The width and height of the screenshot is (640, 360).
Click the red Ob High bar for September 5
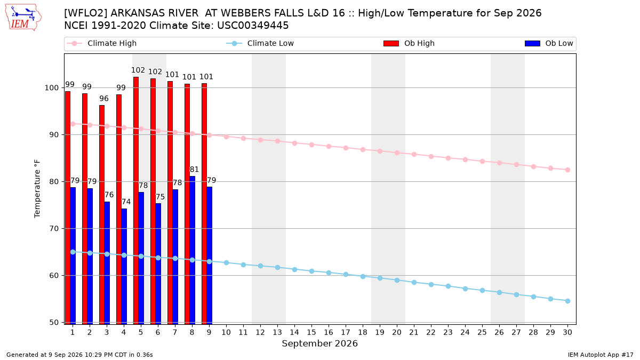tap(136, 201)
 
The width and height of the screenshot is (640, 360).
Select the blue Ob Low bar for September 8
tap(193, 250)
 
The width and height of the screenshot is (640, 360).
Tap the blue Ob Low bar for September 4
tap(124, 267)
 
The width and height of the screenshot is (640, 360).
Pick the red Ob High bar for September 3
tap(102, 215)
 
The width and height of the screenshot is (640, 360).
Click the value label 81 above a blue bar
tap(194, 170)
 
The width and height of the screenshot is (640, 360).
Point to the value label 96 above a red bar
tap(104, 99)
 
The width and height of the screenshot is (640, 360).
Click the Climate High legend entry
tap(101, 43)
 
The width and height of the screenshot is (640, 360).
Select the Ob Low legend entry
tap(549, 43)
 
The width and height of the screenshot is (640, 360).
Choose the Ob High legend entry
tap(409, 43)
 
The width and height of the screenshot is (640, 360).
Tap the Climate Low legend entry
tap(260, 43)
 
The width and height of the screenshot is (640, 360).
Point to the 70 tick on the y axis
tap(54, 229)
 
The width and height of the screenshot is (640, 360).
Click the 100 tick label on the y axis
tap(52, 87)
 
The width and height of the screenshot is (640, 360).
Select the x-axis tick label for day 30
tap(567, 332)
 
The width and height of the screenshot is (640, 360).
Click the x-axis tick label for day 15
tap(311, 332)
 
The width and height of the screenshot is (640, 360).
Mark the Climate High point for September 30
tap(567, 170)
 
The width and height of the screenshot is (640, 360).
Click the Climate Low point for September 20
tap(397, 281)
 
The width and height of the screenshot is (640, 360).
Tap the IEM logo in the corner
tap(23, 18)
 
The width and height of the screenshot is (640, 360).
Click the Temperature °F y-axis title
tap(37, 189)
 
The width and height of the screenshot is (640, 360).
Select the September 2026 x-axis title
tap(319, 343)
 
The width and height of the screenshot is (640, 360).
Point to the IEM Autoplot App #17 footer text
tap(601, 355)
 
